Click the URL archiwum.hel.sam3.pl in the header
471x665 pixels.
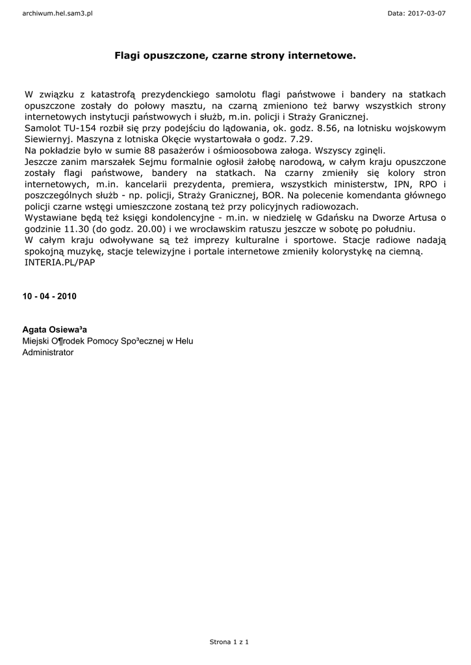coord(57,13)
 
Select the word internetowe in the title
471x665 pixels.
coord(320,56)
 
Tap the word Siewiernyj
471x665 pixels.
coord(49,140)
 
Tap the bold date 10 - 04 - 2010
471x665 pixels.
coord(49,296)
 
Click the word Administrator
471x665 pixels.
coord(48,353)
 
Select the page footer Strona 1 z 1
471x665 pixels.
coord(229,642)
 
